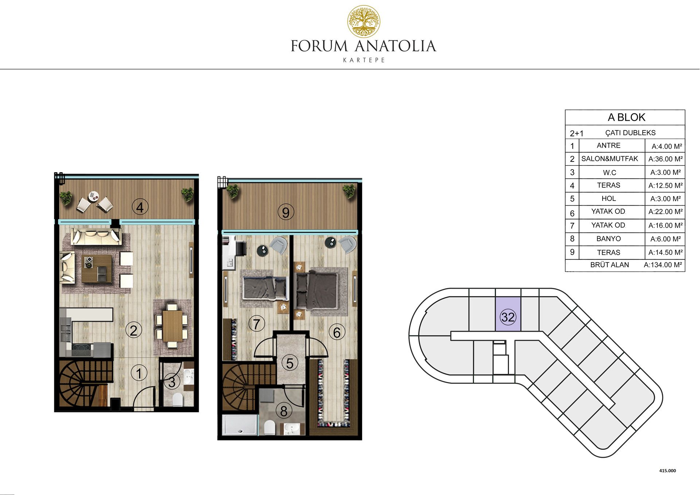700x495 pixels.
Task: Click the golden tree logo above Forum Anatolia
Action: tap(363, 21)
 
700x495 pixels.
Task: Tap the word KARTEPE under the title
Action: tap(364, 60)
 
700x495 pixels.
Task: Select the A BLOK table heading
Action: tap(626, 117)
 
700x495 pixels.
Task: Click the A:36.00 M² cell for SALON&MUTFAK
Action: tap(665, 159)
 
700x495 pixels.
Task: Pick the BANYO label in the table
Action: tap(608, 239)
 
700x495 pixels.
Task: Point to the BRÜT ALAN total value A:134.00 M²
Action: tap(663, 265)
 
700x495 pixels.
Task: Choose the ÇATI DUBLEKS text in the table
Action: tap(630, 133)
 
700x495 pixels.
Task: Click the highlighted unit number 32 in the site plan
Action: tap(508, 317)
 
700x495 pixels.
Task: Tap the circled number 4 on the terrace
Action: tap(140, 207)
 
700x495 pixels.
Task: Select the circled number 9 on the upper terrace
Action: tap(286, 212)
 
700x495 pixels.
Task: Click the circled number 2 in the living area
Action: tap(133, 330)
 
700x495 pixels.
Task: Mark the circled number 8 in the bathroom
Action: tap(284, 411)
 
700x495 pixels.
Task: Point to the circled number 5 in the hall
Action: tap(290, 363)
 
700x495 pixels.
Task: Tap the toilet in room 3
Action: tap(178, 399)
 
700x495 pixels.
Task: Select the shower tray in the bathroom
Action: tap(240, 425)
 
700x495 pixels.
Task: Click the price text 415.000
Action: tap(668, 471)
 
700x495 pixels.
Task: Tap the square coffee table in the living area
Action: tap(97, 269)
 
